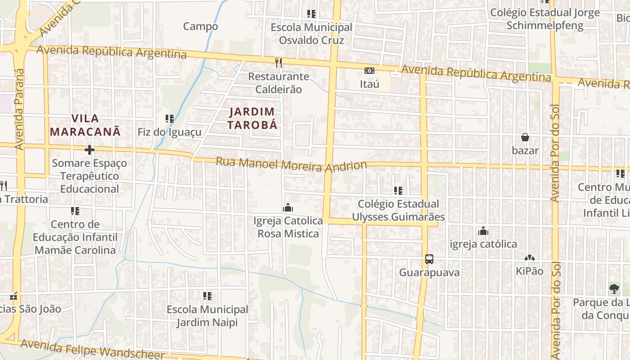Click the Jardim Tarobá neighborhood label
coord(252,118)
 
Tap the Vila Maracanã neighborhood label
coord(85,125)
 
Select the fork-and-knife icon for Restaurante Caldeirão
coord(279,63)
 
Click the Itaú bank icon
coord(369,71)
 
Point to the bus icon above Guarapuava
coord(429,259)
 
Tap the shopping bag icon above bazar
coord(525,137)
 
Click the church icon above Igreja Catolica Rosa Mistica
coord(288,207)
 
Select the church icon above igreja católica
coord(483,231)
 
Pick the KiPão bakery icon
coord(530,258)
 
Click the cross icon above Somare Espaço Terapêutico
coord(90,150)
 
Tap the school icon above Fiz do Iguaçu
coord(170,119)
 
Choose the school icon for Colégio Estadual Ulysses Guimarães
coord(398,191)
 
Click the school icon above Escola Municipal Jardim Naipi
coord(207,296)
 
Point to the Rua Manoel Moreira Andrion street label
coord(291,164)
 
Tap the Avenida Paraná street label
coord(19,109)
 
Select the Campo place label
coord(200,26)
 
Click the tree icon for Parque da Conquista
coord(614,288)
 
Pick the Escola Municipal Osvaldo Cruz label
coord(311,34)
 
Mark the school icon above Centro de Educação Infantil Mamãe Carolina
coord(75,211)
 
